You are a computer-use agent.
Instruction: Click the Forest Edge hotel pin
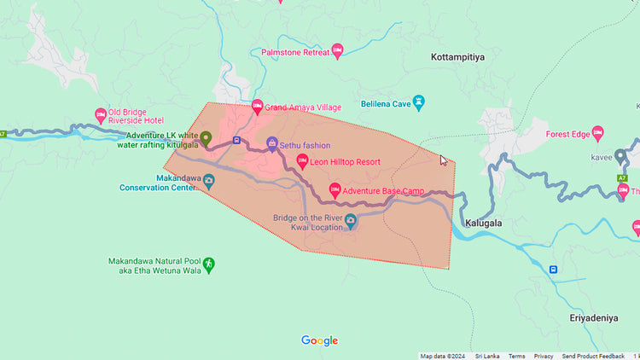(x=597, y=133)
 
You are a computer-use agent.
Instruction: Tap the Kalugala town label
(x=483, y=223)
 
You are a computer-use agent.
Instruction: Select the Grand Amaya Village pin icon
(x=257, y=107)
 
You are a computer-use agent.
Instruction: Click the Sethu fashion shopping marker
(x=272, y=144)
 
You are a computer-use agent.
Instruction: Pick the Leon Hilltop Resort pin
(x=302, y=161)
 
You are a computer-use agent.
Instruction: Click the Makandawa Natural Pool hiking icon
(x=209, y=265)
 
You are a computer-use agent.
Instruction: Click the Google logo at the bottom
(x=319, y=341)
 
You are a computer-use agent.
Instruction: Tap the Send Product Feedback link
(x=593, y=356)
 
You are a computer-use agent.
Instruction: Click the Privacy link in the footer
(x=544, y=356)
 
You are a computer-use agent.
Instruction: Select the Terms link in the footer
(x=517, y=356)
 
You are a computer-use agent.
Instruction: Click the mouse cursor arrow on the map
(x=443, y=160)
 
